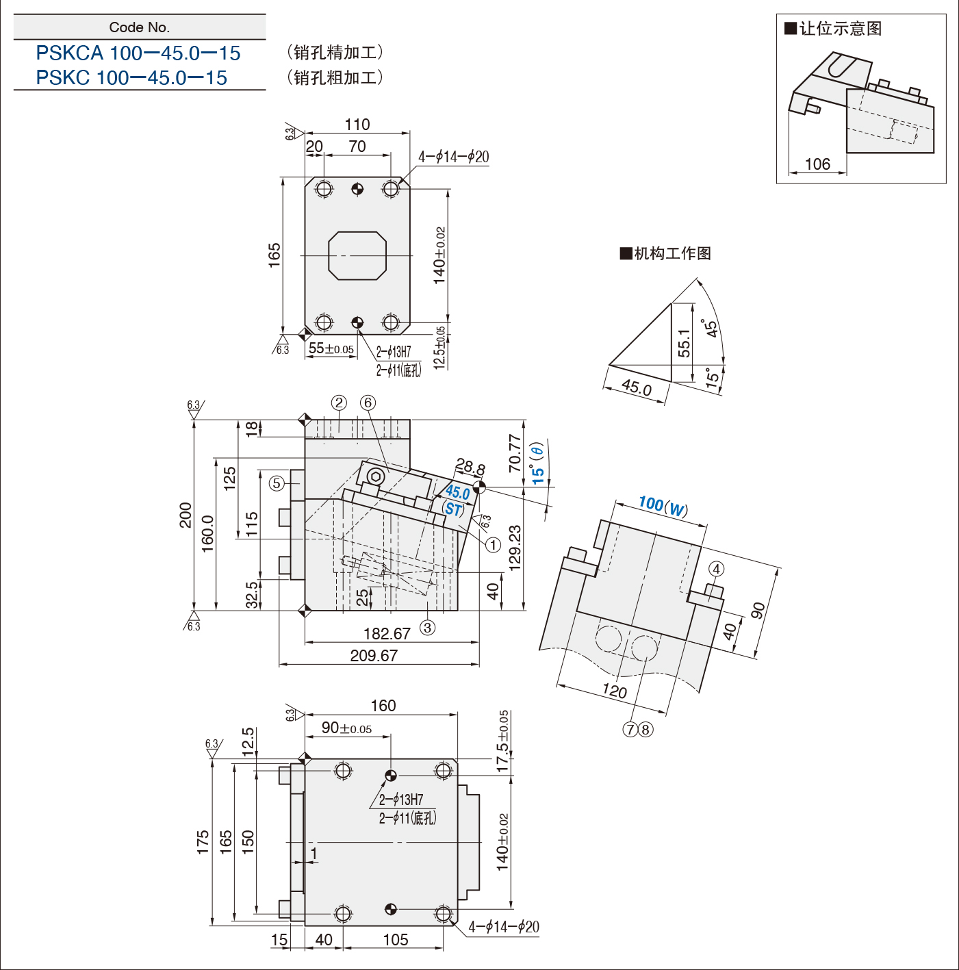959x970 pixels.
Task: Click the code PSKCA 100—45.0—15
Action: point(138,53)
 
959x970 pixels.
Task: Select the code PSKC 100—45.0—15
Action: point(131,77)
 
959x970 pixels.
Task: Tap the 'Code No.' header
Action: point(140,27)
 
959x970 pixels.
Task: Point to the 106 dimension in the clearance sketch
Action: point(817,164)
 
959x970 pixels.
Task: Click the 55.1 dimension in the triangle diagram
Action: point(684,343)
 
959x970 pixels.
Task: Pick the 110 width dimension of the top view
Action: point(357,125)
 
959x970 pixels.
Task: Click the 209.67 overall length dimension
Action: point(374,655)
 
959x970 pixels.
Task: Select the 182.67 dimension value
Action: point(387,633)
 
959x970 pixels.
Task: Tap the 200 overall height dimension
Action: point(186,515)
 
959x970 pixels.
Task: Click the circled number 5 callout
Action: point(277,483)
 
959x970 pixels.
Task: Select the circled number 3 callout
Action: point(427,627)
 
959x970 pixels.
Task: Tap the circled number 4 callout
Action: point(717,569)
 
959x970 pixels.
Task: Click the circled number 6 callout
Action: point(368,403)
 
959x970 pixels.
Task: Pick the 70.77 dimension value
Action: point(515,453)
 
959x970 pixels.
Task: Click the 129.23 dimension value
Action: point(515,548)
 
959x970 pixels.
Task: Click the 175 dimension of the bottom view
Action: point(203,842)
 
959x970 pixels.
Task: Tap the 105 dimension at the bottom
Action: point(396,939)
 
